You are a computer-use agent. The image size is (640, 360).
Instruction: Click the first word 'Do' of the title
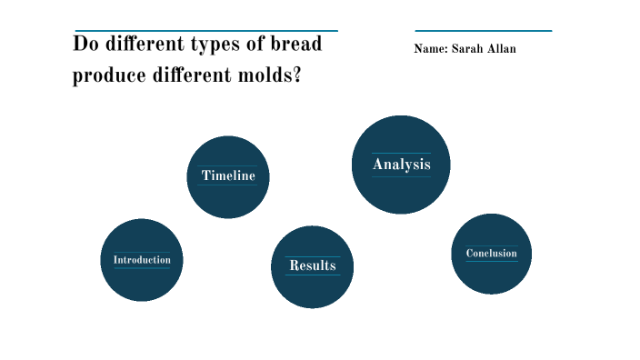(84, 45)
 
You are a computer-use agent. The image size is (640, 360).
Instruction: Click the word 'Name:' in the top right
(430, 49)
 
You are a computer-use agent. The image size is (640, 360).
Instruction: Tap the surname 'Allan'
(502, 49)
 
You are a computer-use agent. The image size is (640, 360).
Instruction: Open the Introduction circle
(142, 260)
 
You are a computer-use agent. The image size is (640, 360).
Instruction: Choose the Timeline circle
(228, 176)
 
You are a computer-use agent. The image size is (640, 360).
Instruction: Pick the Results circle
(312, 266)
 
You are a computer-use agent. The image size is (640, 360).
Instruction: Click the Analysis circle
(401, 165)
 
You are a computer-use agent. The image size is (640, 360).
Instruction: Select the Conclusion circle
(491, 254)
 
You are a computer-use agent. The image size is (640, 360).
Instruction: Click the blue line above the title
(206, 31)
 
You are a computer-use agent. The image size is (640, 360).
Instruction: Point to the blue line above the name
(483, 31)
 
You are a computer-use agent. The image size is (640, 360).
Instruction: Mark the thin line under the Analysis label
(401, 176)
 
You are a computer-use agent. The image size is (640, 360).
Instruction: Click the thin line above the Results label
(312, 256)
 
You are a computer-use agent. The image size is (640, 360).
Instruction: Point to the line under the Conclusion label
(491, 262)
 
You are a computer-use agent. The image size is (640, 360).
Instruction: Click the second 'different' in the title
(184, 76)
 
